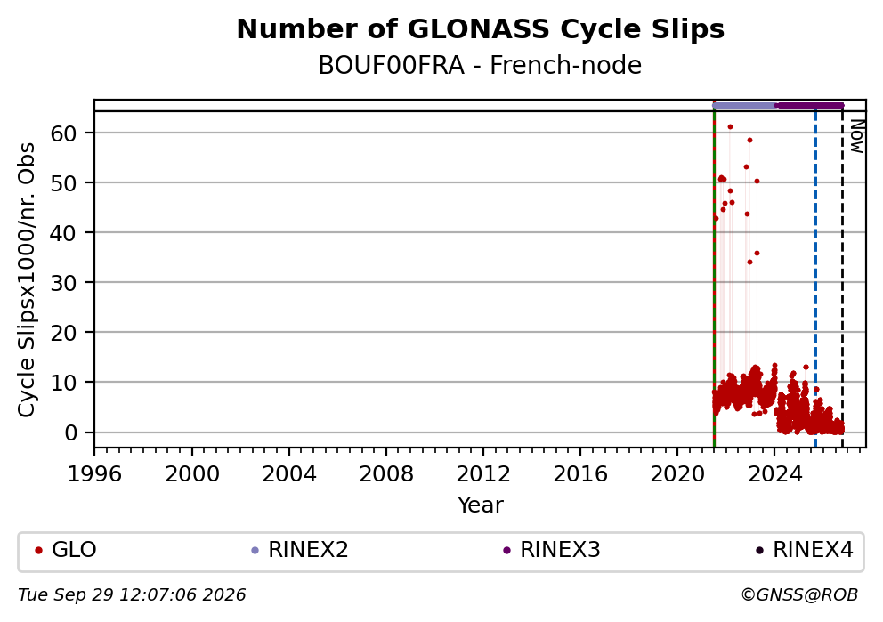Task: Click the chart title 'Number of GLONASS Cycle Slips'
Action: [x=481, y=29]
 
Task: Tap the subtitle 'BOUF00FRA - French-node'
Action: [x=480, y=65]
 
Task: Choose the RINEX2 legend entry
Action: [x=300, y=549]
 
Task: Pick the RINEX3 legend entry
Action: [x=552, y=549]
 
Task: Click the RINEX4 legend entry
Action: [x=805, y=549]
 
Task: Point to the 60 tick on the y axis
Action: [x=63, y=133]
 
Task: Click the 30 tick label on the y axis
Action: [x=63, y=283]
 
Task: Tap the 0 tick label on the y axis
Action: [x=70, y=432]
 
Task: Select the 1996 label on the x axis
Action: [x=94, y=474]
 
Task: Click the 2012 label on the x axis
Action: [x=483, y=474]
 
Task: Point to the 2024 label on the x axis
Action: [x=774, y=474]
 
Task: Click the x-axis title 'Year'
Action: [x=481, y=505]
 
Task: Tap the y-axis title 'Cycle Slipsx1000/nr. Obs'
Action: [x=27, y=279]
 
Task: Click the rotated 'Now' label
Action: [x=856, y=136]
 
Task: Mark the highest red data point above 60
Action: [x=731, y=126]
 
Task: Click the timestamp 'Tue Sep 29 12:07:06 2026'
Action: [x=132, y=595]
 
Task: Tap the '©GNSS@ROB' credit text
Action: [x=799, y=595]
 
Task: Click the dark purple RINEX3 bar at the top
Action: [x=810, y=105]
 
